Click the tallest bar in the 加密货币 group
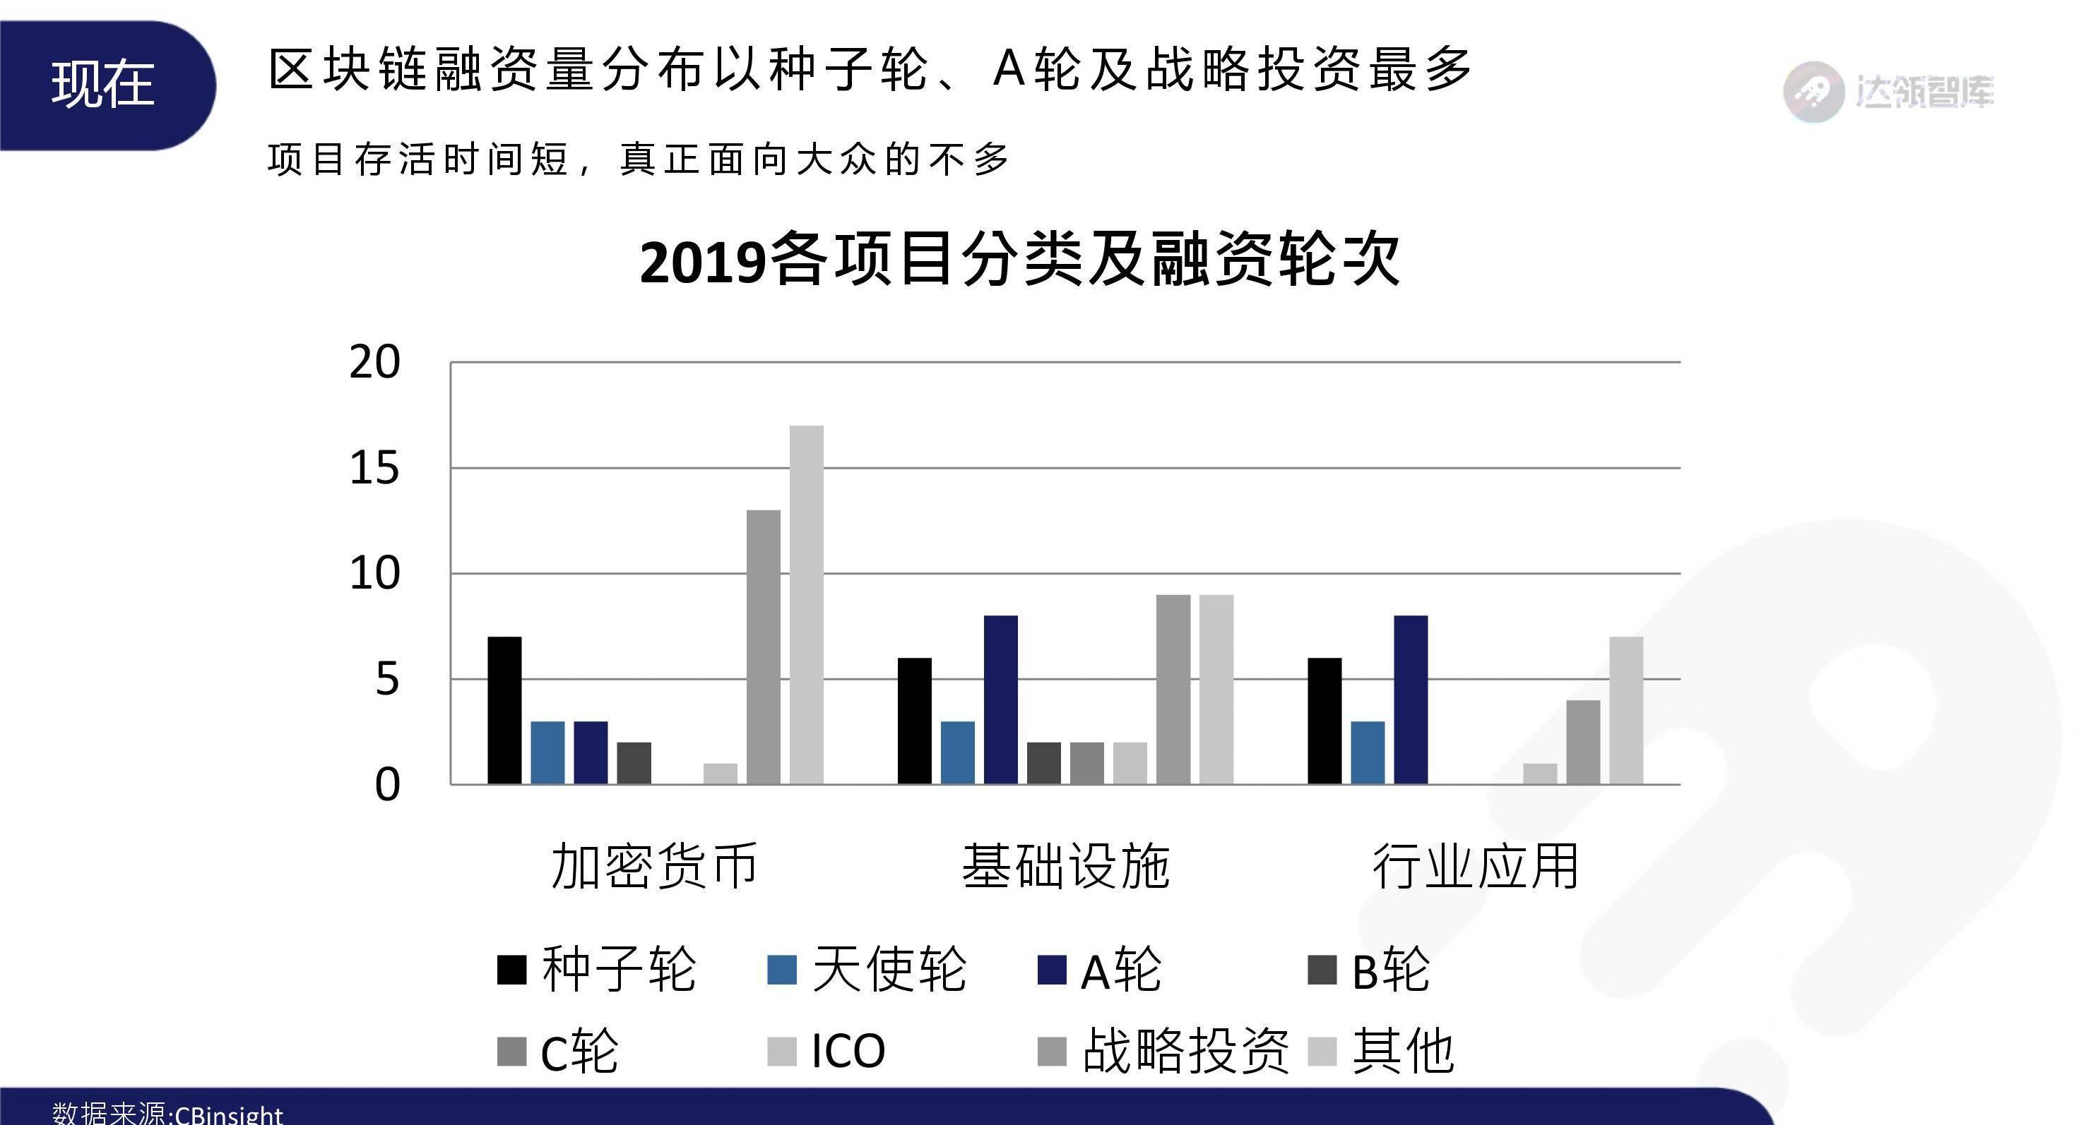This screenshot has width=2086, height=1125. pos(807,605)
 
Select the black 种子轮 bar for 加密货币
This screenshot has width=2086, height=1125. pos(504,710)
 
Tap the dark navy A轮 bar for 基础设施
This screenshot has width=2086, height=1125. pos(1001,699)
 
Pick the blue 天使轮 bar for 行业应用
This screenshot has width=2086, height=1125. pos(1368,752)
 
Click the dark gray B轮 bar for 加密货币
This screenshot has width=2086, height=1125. pos(634,762)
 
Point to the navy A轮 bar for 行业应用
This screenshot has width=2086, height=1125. pos(1411,699)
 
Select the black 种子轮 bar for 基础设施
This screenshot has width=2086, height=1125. pos(914,721)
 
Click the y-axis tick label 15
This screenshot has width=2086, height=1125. pos(374,469)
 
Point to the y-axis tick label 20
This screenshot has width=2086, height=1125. pos(374,363)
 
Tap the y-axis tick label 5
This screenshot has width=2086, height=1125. pos(387,680)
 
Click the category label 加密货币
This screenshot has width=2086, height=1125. pos(654,867)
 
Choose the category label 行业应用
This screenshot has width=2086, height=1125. pos(1476,867)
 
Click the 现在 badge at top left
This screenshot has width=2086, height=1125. pos(103,85)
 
